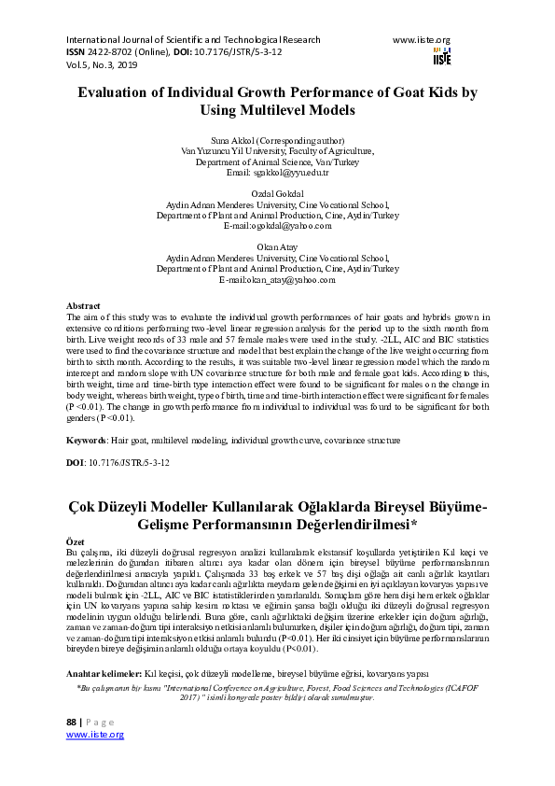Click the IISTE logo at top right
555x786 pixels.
coord(441,57)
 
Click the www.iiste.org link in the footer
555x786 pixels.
coord(94,762)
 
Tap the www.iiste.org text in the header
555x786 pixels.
coord(422,40)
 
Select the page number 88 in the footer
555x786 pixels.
coord(72,749)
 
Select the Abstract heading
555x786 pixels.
coord(83,306)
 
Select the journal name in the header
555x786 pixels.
coord(193,40)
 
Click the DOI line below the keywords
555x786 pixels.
coord(118,462)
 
